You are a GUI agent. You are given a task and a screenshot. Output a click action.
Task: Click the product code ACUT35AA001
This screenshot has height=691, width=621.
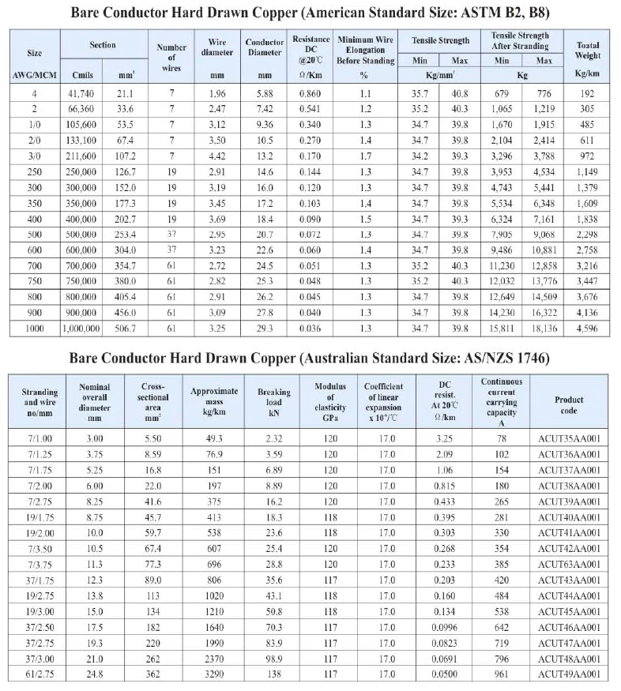tap(569, 438)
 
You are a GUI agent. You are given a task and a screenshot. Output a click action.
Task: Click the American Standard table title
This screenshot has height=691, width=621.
tap(310, 13)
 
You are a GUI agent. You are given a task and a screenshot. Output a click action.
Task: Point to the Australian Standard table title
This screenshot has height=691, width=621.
tap(310, 358)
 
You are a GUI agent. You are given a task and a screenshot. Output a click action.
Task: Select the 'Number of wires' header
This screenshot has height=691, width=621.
tap(171, 58)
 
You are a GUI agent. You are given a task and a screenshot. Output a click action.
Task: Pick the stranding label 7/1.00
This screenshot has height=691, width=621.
tap(40, 438)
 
